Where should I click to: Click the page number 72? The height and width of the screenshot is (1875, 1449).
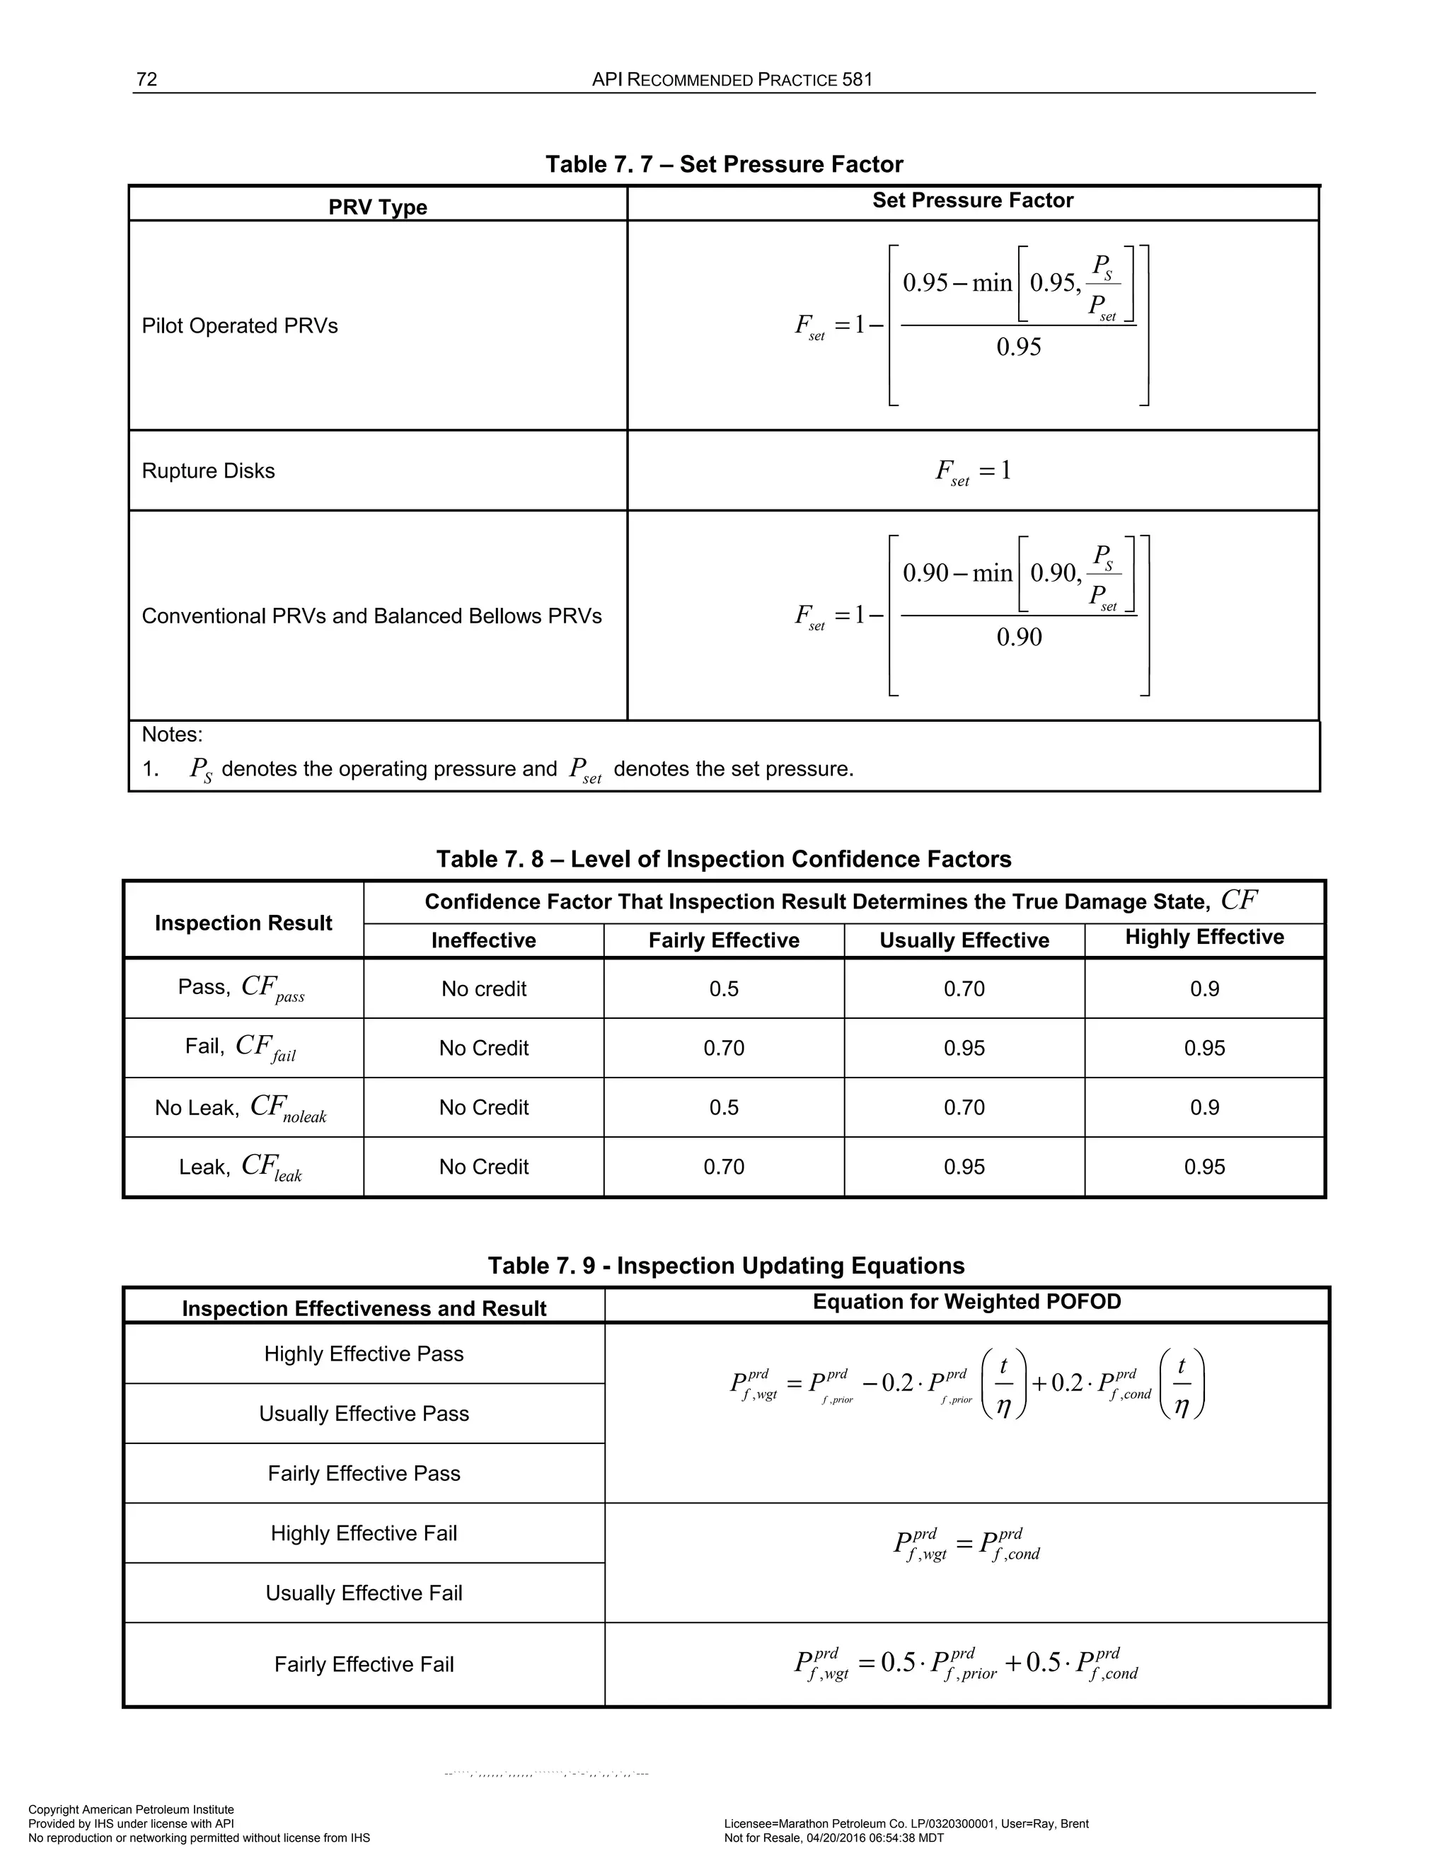pyautogui.click(x=146, y=80)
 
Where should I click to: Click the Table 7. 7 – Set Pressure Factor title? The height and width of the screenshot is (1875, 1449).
pyautogui.click(x=724, y=164)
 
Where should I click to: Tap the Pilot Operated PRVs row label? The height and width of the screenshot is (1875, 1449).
pyautogui.click(x=240, y=326)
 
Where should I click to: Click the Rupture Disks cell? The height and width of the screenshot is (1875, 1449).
pyautogui.click(x=209, y=471)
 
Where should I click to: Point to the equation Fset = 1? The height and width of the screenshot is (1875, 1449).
pyautogui.click(x=973, y=471)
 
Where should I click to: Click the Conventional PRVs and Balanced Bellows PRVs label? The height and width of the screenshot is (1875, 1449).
pyautogui.click(x=371, y=616)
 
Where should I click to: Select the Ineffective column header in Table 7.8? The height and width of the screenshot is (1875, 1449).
pyautogui.click(x=483, y=940)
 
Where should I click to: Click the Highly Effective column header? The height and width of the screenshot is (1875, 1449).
pyautogui.click(x=1203, y=937)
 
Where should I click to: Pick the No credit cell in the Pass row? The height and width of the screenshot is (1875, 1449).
pyautogui.click(x=483, y=989)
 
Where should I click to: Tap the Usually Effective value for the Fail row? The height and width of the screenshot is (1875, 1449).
pyautogui.click(x=964, y=1049)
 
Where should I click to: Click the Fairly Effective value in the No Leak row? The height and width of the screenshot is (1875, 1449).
pyautogui.click(x=724, y=1107)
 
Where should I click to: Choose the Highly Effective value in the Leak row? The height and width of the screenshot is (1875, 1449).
pyautogui.click(x=1203, y=1167)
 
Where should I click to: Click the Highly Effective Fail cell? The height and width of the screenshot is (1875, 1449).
pyautogui.click(x=364, y=1533)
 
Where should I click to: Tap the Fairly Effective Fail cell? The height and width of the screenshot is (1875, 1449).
pyautogui.click(x=364, y=1665)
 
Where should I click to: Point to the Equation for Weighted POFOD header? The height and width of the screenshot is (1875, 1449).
pyautogui.click(x=966, y=1303)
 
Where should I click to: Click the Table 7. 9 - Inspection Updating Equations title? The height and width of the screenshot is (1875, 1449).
pyautogui.click(x=725, y=1266)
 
